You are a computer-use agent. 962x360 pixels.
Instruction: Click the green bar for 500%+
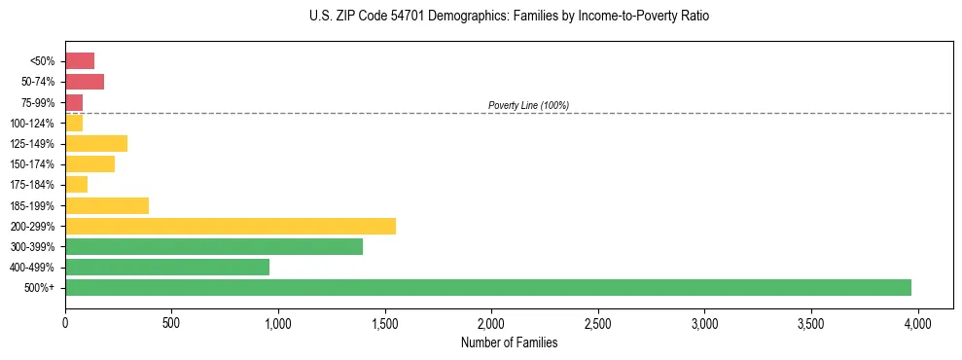click(488, 287)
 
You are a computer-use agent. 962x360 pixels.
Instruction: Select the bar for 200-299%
click(231, 226)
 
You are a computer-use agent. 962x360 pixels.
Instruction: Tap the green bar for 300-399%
click(214, 246)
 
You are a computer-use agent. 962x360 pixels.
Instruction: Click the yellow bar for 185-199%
click(107, 205)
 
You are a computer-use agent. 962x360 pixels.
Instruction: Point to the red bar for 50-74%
click(85, 82)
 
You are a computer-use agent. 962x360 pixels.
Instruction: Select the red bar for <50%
click(80, 61)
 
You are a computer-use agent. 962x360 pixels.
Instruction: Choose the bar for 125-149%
click(96, 144)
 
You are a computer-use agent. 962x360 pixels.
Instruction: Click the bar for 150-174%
click(90, 164)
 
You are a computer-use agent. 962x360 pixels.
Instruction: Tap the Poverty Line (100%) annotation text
click(528, 105)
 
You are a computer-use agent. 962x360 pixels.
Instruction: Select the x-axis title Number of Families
click(509, 342)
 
